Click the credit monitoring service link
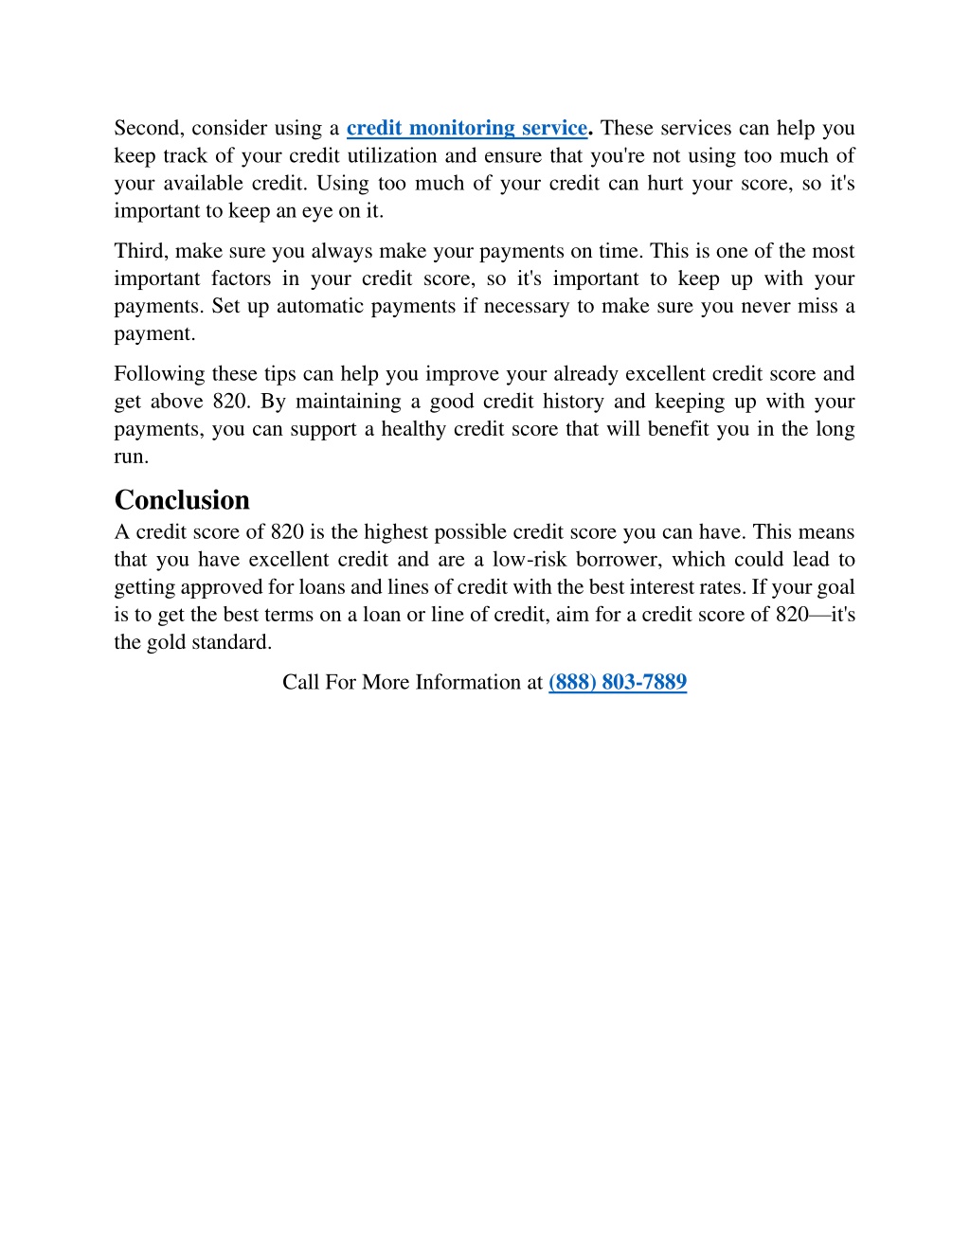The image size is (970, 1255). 467,128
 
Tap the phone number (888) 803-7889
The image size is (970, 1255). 618,682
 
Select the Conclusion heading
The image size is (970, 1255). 182,500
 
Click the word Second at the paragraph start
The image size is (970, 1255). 148,128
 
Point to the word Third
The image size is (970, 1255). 140,251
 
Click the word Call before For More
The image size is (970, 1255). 300,682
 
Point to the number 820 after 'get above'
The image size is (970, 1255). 229,402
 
